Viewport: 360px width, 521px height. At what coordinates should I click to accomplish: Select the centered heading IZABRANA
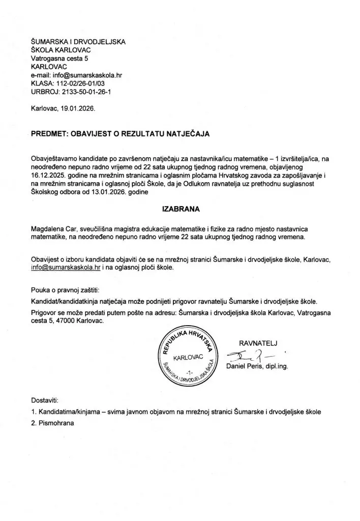[x=179, y=208]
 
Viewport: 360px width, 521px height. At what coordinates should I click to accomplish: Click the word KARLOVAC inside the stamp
[x=188, y=358]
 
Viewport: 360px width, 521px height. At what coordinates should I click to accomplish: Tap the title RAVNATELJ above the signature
[x=258, y=341]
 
